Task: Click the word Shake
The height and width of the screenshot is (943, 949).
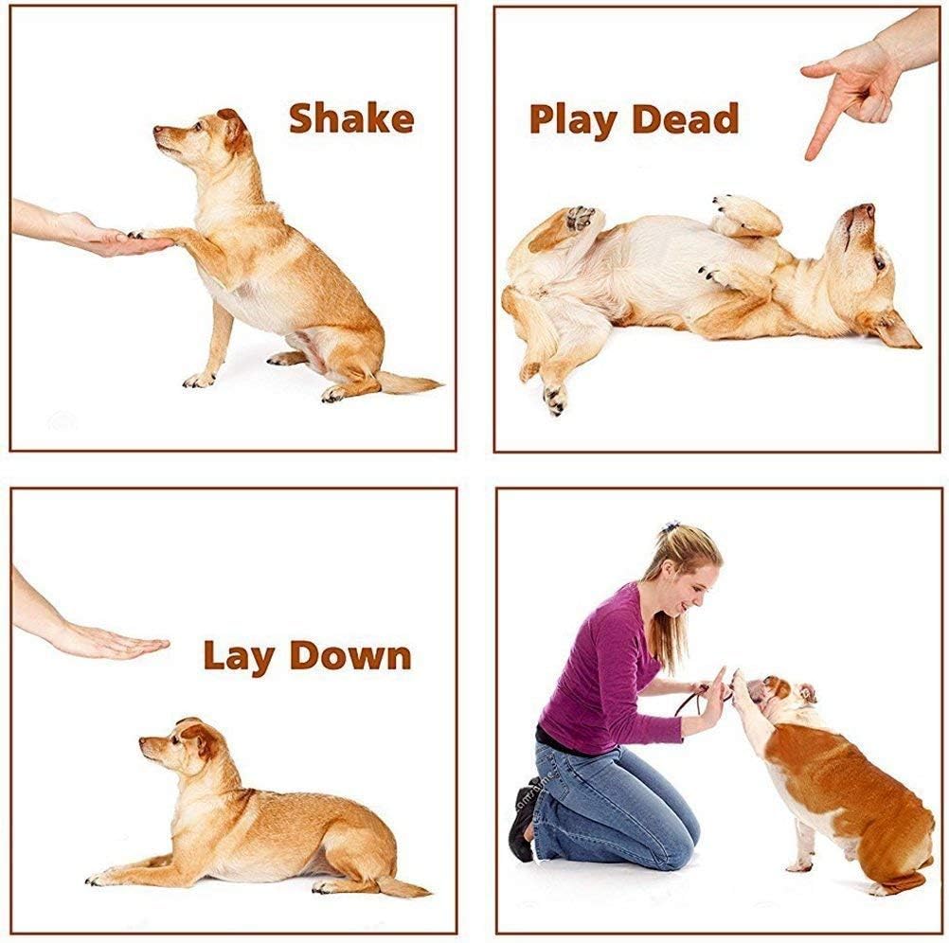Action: point(350,118)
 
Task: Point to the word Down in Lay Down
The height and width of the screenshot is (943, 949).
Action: point(350,655)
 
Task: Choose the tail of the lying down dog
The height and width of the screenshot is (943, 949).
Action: point(403,887)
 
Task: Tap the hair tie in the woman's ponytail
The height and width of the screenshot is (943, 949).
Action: point(671,526)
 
